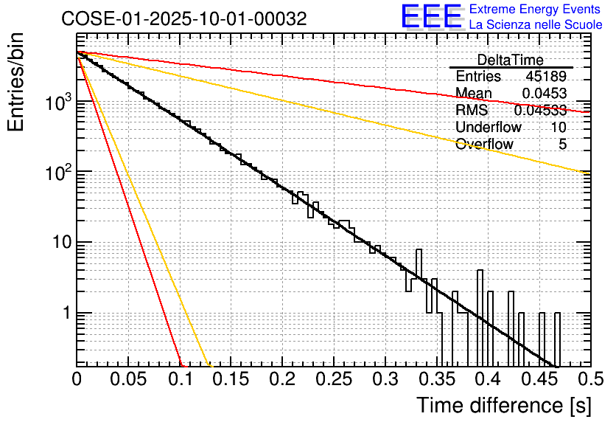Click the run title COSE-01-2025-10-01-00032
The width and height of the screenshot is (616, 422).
(x=184, y=19)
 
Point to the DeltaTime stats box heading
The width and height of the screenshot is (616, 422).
(x=510, y=60)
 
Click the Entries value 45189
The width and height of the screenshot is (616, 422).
(x=546, y=76)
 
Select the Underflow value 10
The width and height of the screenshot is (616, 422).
(x=559, y=127)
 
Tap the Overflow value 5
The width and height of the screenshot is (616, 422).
(x=562, y=144)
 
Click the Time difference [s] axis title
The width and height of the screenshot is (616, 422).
(x=503, y=405)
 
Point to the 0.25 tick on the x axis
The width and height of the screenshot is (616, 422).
(x=333, y=379)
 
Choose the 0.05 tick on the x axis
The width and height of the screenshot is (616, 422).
(x=128, y=379)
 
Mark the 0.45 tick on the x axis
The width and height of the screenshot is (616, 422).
(x=537, y=379)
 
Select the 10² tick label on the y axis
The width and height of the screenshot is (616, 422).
(x=55, y=173)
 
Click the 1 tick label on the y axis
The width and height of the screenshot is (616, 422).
(x=65, y=314)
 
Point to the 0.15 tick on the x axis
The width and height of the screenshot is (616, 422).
(x=231, y=379)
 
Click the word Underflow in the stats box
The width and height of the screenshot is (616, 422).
(x=488, y=127)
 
